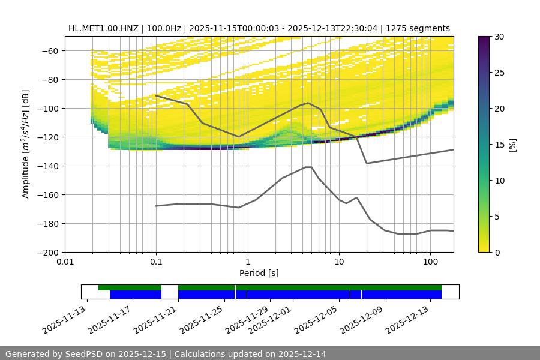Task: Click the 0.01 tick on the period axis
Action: point(65,262)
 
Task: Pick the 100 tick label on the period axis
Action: point(430,262)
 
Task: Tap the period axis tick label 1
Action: point(248,262)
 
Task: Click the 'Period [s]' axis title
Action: point(259,273)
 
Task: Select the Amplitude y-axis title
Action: point(25,144)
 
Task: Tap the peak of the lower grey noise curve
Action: point(308,167)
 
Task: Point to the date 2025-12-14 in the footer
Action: point(303,354)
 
